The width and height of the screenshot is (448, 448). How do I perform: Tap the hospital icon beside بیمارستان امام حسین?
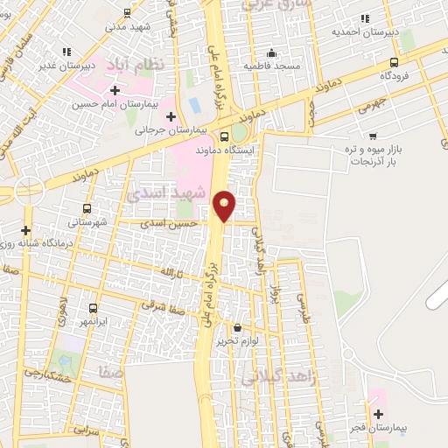click(115, 90)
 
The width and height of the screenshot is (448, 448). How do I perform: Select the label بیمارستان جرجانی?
click(164, 130)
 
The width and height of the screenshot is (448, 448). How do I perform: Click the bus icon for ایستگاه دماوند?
click(226, 136)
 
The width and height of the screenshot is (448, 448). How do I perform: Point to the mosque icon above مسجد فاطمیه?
click(272, 52)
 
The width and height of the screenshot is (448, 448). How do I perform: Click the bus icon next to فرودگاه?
click(395, 62)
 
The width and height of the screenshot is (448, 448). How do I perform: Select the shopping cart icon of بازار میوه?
click(374, 136)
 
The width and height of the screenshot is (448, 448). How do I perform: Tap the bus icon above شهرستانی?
click(86, 208)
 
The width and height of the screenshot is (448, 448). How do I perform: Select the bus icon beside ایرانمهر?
click(94, 308)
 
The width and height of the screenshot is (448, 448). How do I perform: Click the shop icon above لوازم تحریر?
click(236, 327)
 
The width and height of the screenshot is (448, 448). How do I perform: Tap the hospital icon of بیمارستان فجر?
click(378, 414)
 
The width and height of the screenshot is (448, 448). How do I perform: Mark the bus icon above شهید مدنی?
click(128, 12)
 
